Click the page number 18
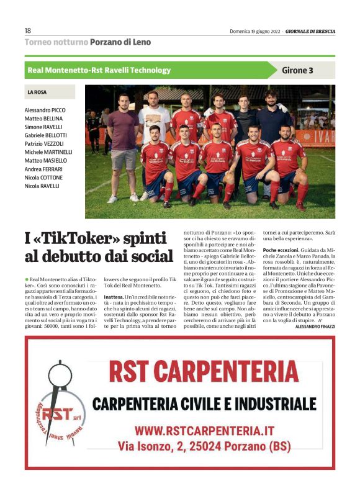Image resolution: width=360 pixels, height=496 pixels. coord(28,30)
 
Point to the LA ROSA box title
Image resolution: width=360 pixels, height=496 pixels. coord(37,92)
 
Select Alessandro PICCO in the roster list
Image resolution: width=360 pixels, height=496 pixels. coord(45,109)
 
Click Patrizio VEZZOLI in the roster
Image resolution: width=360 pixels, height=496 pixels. coord(45,143)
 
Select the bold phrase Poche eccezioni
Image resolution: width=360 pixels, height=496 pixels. coord(282,250)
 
